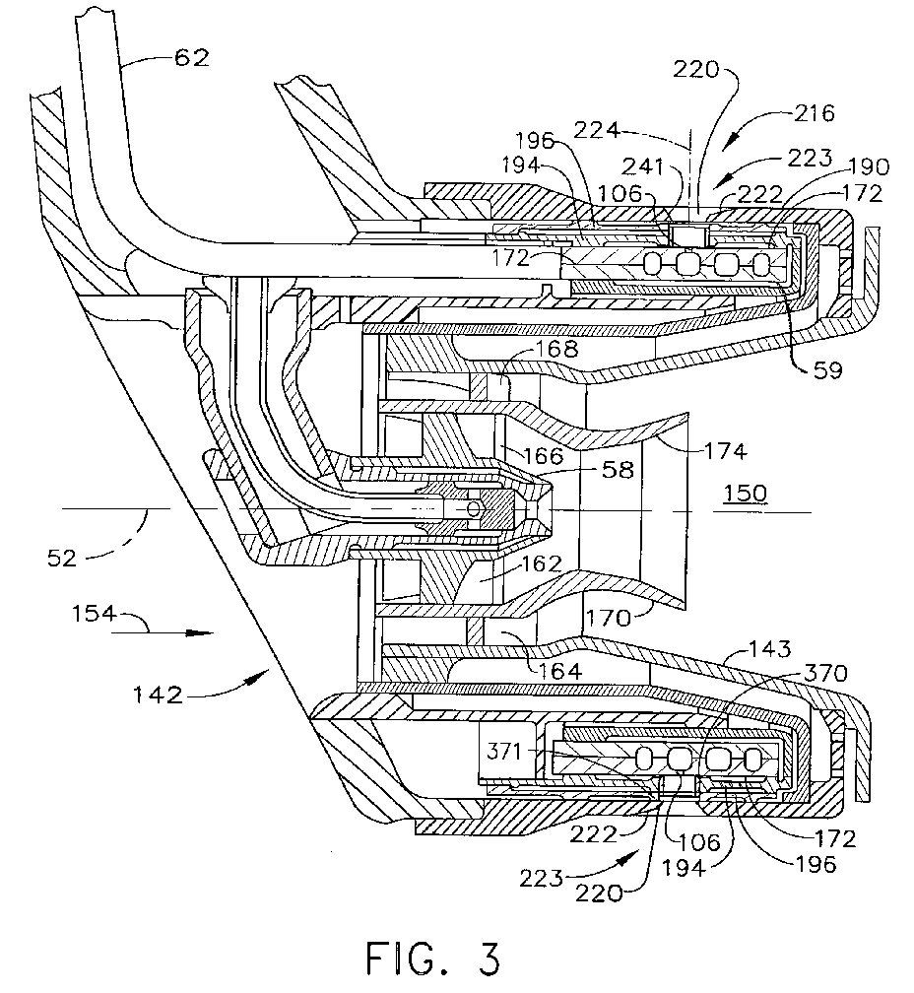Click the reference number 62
coord(192,57)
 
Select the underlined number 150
coord(746,493)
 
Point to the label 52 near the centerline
coord(61,558)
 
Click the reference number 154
coord(94,614)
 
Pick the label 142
coord(158,695)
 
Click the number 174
coord(725,451)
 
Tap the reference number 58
coord(618,469)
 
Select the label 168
coord(557,349)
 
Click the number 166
coord(544,455)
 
